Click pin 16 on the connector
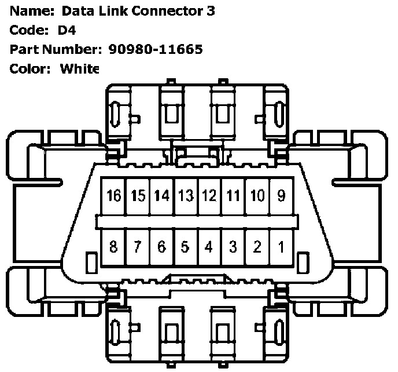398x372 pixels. pos(115,196)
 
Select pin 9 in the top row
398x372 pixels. pos(281,196)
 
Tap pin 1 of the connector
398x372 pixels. pos(281,247)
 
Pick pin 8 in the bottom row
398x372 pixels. pos(114,247)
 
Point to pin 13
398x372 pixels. pos(185,196)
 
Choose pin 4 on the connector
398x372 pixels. pos(209,247)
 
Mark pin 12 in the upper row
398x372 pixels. pos(209,196)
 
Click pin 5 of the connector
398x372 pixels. pos(185,247)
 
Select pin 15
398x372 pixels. pos(138,196)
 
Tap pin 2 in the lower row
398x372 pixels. pos(257,247)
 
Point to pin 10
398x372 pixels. pos(257,196)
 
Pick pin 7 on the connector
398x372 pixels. pos(138,247)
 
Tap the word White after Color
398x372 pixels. pos(80,68)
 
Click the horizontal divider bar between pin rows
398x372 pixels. pos(197,222)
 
